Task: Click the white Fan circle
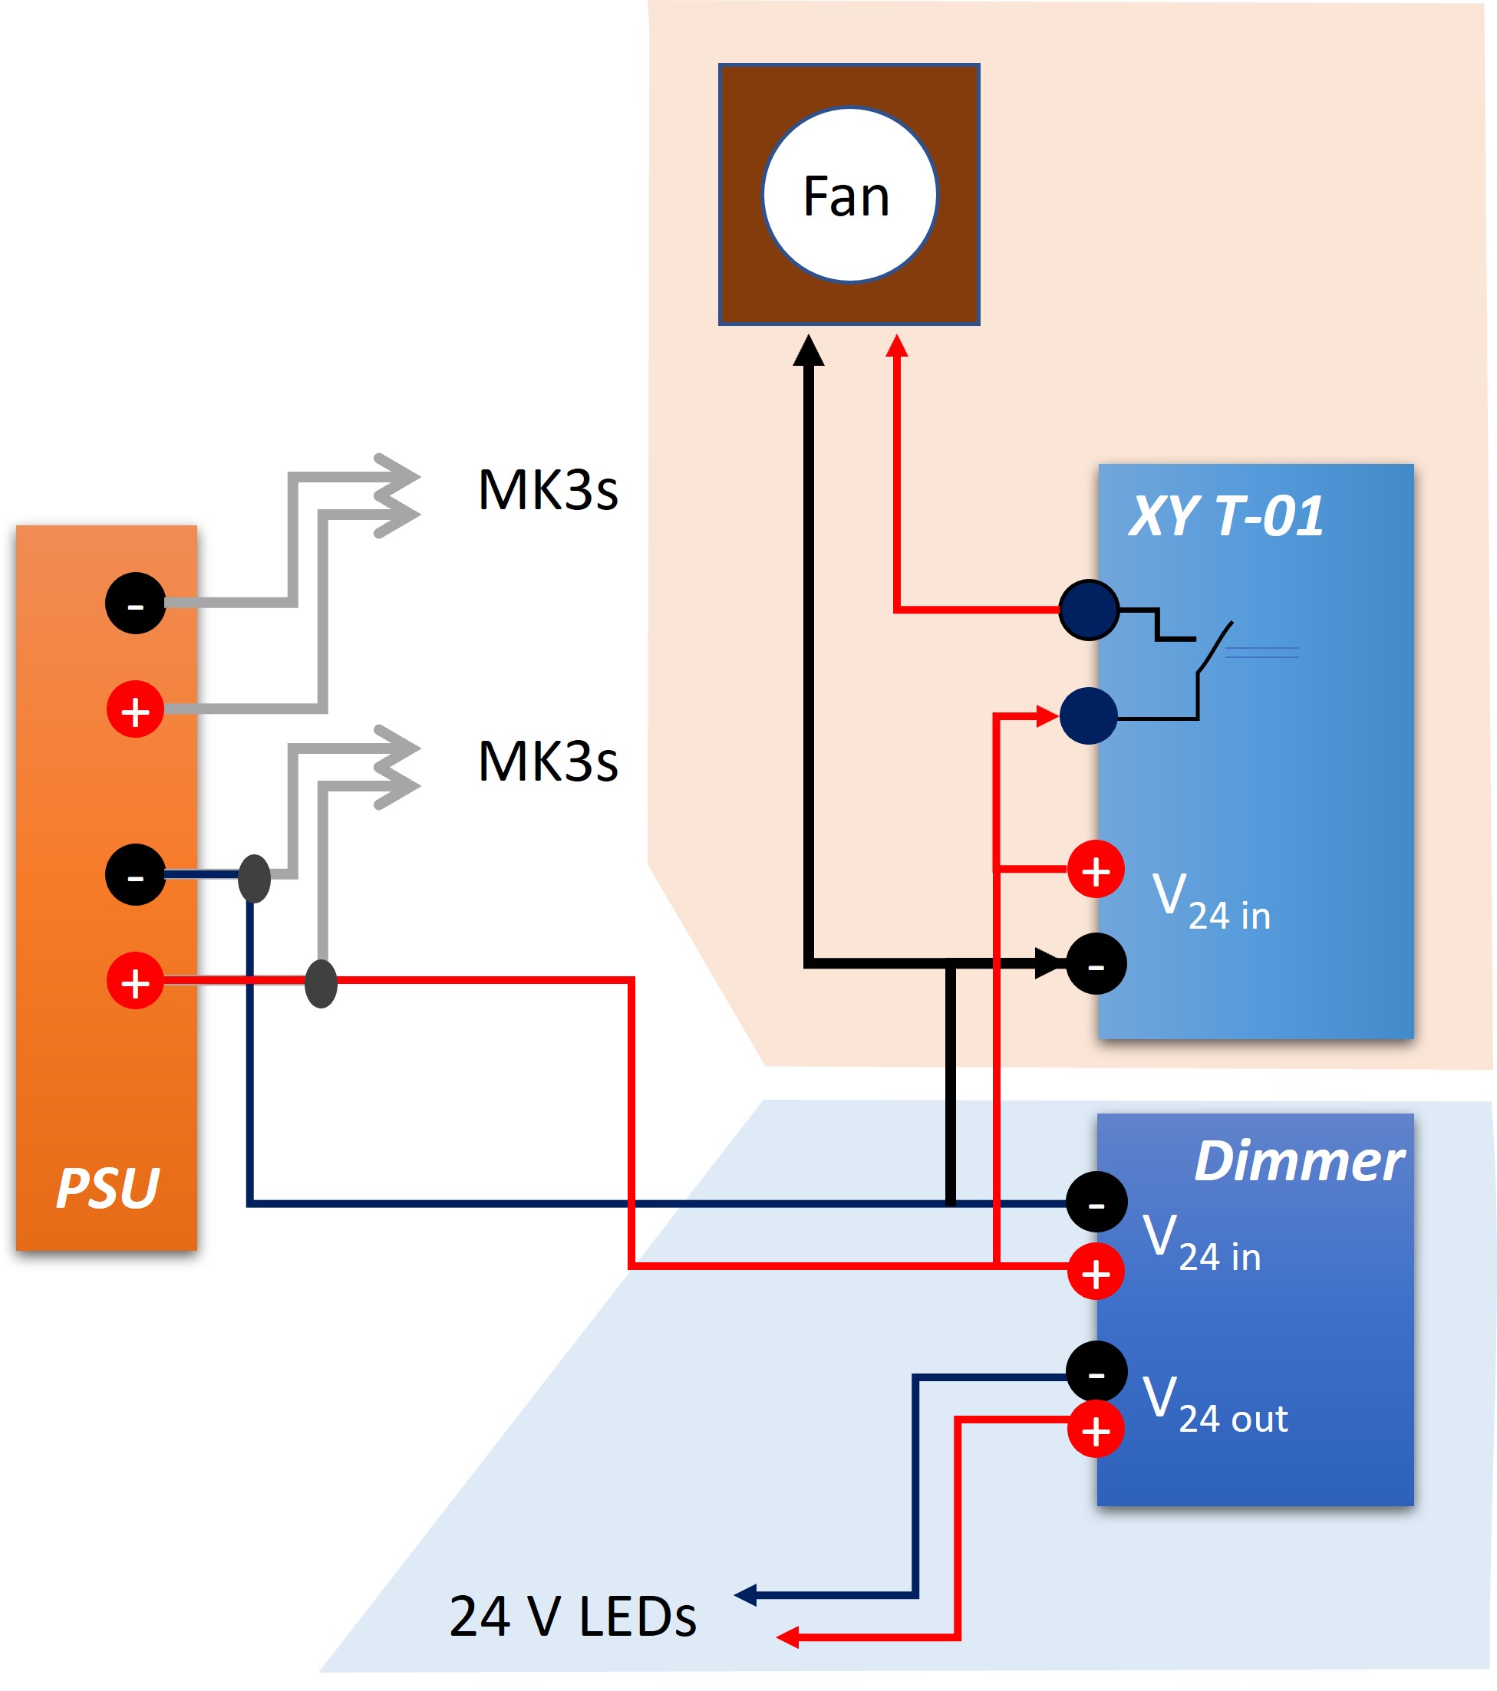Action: (849, 196)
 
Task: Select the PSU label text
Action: (107, 1188)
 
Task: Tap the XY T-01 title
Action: (1225, 516)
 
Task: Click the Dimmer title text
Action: (1298, 1162)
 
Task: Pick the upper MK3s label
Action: (547, 490)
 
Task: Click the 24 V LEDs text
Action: (572, 1617)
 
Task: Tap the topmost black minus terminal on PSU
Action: (135, 603)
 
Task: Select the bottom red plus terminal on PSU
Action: (135, 980)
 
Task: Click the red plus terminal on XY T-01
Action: (1095, 870)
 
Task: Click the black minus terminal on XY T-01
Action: (1096, 964)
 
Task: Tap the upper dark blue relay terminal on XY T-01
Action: (1088, 610)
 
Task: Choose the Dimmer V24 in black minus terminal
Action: (1096, 1202)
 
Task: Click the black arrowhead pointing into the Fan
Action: (809, 350)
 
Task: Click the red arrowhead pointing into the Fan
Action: (897, 346)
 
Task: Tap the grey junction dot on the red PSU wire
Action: (321, 984)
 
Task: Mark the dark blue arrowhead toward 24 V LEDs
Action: (746, 1594)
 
